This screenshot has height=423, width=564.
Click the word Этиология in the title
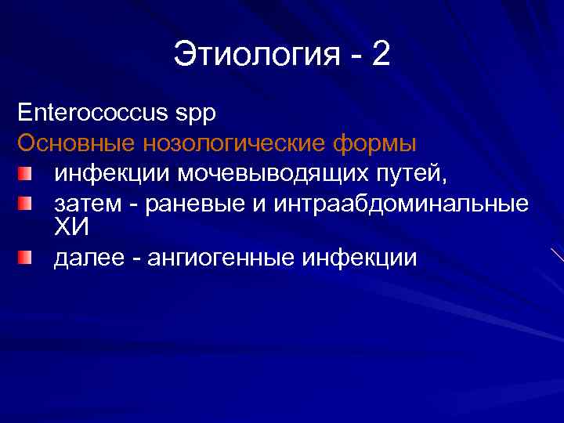[254, 56]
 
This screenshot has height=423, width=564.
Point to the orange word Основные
[75, 143]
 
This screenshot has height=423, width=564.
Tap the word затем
[85, 204]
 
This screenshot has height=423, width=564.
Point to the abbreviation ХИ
[71, 228]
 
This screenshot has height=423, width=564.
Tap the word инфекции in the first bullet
[111, 173]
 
